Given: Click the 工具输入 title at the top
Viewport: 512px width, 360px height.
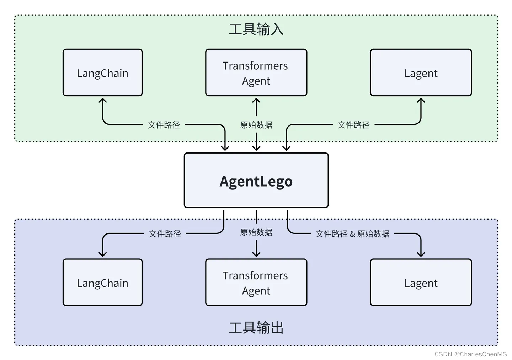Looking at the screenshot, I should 256,29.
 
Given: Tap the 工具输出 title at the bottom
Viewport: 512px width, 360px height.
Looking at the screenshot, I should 256,327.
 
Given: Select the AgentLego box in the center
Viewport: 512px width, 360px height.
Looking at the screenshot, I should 256,181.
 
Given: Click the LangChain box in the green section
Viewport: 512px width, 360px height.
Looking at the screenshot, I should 102,73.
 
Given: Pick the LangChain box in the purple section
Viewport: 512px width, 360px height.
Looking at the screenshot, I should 102,283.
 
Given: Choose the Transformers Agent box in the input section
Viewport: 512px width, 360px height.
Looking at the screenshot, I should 256,73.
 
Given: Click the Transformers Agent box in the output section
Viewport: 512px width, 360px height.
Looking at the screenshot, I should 256,283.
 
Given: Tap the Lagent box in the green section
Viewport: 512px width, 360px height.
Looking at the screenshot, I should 421,73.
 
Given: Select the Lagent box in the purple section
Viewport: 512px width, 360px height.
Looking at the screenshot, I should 421,283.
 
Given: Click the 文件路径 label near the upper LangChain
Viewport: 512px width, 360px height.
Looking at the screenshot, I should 164,125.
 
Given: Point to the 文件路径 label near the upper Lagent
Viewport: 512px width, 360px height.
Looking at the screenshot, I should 353,125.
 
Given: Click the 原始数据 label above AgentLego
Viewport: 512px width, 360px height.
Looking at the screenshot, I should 256,125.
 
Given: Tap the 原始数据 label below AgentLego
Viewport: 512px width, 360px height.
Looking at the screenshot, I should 256,232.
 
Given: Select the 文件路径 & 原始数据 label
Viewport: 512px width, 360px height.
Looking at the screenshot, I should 352,233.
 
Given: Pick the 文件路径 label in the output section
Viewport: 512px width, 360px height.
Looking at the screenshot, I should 165,233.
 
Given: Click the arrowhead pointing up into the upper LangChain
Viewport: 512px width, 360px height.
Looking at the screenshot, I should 102,101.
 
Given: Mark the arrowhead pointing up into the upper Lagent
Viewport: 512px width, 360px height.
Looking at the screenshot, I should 421,101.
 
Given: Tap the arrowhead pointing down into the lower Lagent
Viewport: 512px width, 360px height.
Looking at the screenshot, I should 421,254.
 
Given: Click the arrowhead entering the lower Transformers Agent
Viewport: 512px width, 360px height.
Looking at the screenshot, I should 256,254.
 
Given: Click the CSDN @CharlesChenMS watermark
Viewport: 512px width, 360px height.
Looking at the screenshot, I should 470,354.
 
